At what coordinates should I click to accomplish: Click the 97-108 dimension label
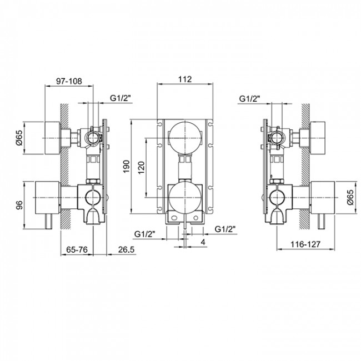point(69,81)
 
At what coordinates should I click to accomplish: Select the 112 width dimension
point(185,79)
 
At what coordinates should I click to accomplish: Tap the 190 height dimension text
point(127,167)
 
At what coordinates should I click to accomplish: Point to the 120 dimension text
point(142,168)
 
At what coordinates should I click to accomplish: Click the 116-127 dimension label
point(305,244)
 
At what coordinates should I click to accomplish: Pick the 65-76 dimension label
point(77,249)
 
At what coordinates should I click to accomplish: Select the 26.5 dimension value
point(126,249)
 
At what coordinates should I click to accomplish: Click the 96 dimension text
point(20,205)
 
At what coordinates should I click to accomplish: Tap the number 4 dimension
point(203,242)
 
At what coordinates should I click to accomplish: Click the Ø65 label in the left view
point(19,138)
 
